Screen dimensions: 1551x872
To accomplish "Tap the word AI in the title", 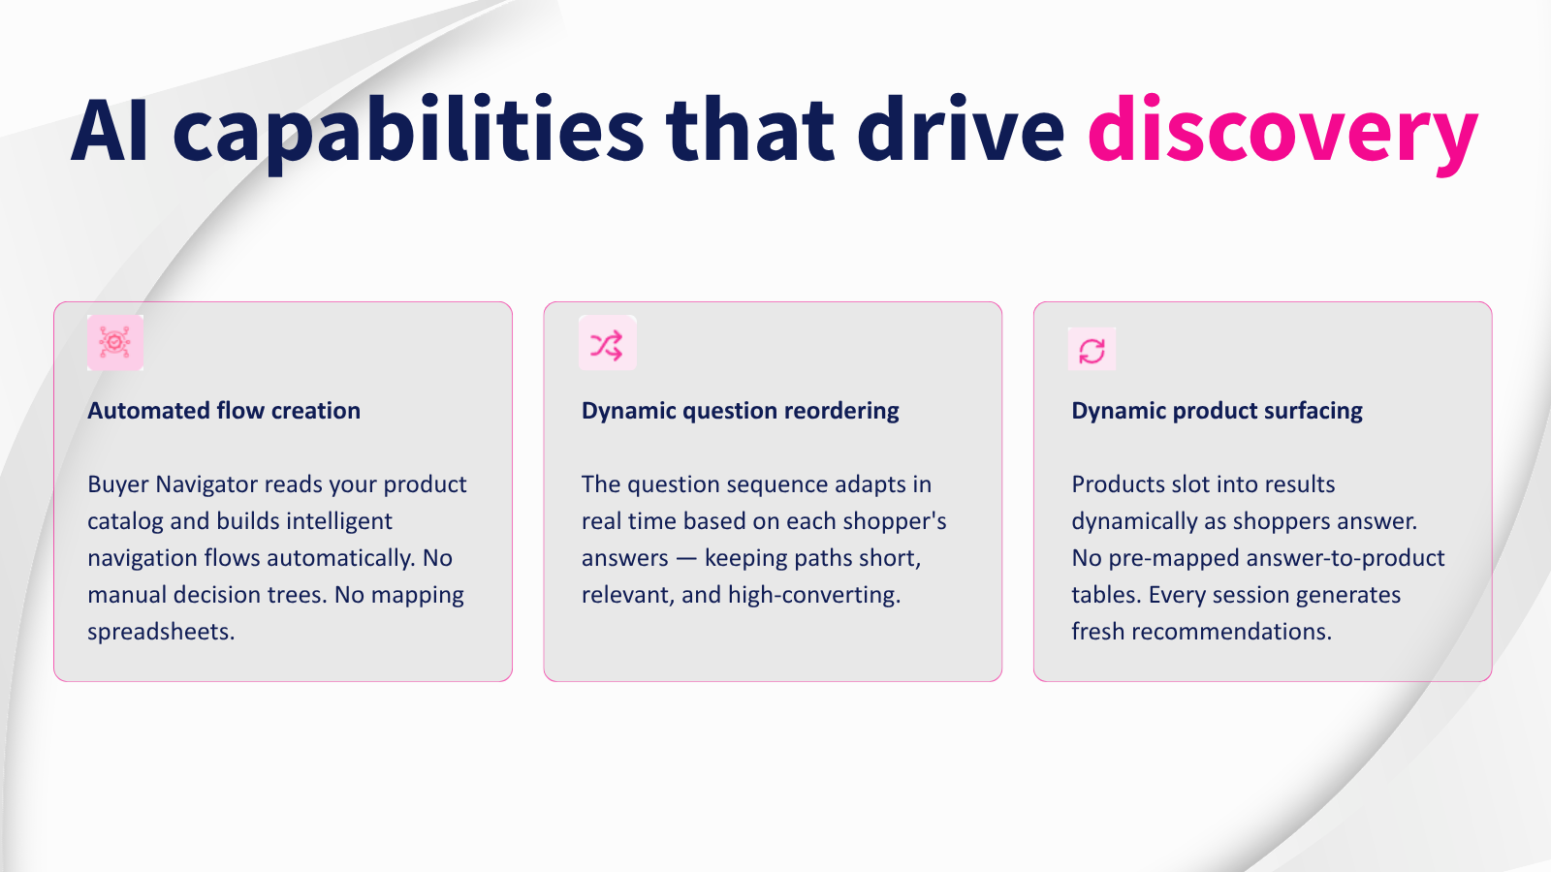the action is (110, 130).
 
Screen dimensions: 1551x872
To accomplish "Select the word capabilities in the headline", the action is (408, 133).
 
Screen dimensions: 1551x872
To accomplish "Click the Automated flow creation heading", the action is (224, 411).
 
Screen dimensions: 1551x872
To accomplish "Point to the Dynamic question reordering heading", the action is (741, 411).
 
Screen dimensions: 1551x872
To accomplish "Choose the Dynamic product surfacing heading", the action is (1217, 411).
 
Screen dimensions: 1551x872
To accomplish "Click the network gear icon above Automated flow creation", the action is (115, 343).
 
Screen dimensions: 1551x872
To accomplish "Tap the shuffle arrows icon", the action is (607, 343).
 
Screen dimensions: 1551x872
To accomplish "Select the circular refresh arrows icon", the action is (1092, 350).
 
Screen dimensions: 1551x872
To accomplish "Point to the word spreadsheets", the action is (161, 632).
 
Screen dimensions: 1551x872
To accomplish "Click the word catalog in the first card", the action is (125, 522).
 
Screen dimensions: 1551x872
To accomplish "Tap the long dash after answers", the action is (686, 558).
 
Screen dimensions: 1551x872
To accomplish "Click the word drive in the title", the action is (961, 130).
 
